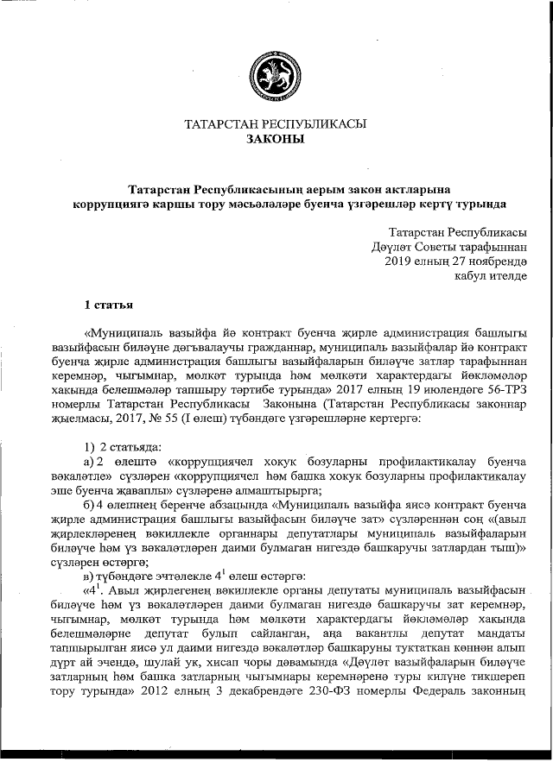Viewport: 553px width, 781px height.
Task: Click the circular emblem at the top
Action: [x=276, y=75]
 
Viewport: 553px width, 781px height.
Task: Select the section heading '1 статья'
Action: [x=107, y=304]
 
